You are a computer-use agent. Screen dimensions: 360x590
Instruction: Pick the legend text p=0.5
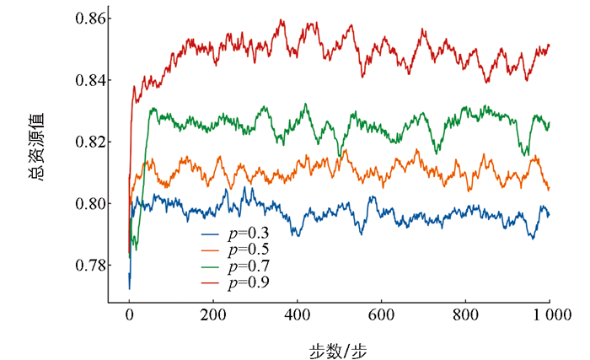point(249,249)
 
